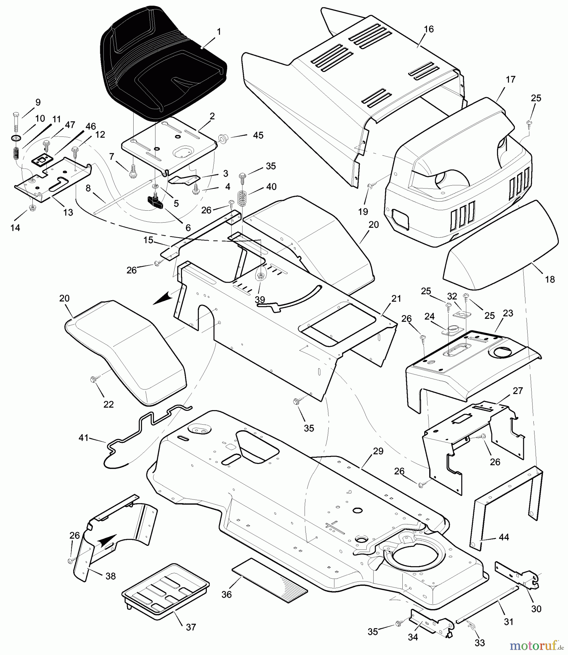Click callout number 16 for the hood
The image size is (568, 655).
point(429,29)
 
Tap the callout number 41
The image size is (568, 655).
point(84,438)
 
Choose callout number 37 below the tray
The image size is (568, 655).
point(191,627)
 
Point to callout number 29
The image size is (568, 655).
point(378,451)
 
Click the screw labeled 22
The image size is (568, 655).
point(94,380)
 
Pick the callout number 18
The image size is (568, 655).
point(550,279)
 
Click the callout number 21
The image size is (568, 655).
point(396,299)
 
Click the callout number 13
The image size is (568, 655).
point(68,213)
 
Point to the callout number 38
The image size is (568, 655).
point(111,576)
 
